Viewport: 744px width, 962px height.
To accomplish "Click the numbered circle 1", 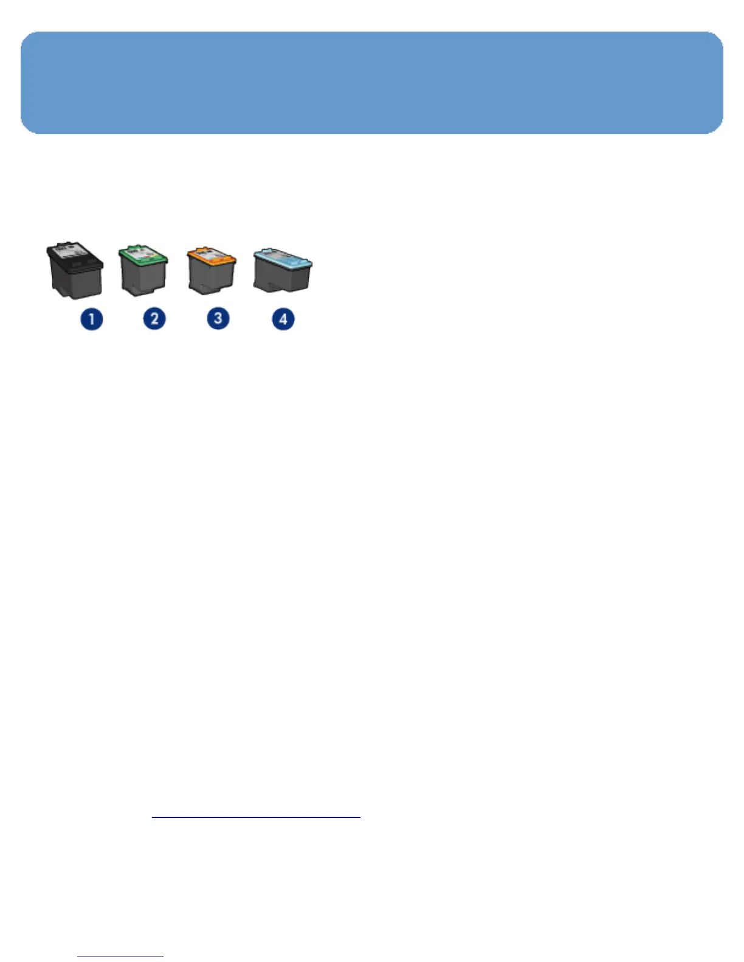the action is pos(92,319).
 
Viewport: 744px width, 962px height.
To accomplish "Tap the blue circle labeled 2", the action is pos(154,318).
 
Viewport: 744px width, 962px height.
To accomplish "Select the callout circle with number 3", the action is pos(218,318).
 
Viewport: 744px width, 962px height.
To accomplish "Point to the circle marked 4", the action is pos(283,319).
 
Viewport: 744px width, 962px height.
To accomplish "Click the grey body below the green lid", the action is pos(143,278).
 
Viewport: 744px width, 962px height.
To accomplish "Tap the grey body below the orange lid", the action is pos(212,278).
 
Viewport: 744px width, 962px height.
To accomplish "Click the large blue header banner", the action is pos(371,83).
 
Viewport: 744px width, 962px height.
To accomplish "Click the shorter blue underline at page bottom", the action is pos(120,957).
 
